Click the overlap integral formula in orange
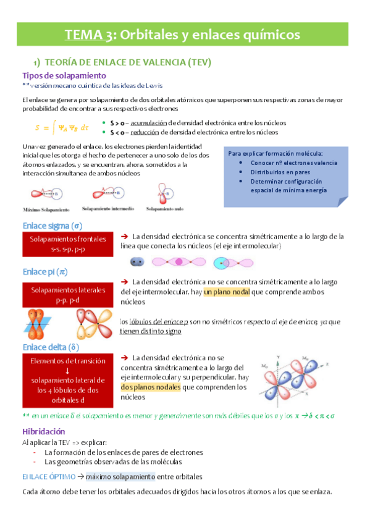62,128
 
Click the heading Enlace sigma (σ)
53,226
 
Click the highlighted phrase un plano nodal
227,292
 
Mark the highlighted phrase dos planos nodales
151,387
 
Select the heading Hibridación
43,431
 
